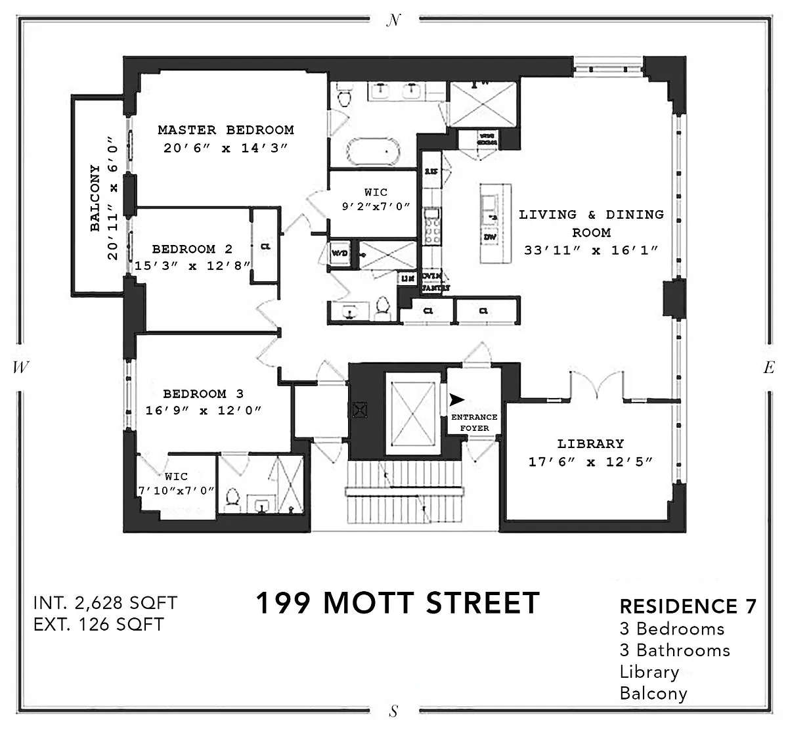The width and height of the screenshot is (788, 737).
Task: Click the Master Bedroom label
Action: [225, 130]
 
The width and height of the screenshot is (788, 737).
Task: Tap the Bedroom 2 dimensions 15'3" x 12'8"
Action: [192, 266]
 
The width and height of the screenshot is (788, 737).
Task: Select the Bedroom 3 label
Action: [203, 394]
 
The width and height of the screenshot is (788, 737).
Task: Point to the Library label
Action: [590, 444]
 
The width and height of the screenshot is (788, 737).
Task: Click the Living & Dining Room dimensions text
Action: [590, 250]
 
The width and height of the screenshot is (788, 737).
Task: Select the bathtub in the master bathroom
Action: [373, 152]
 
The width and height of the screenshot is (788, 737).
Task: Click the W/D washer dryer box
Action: [340, 254]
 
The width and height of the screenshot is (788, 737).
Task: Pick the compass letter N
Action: [393, 21]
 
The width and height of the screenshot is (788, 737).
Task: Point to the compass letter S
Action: [393, 711]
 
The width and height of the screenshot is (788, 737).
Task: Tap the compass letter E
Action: [768, 368]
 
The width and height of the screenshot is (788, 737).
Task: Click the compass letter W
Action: [20, 368]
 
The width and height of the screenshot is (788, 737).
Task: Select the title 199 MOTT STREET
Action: [397, 603]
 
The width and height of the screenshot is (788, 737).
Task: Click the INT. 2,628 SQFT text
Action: [105, 602]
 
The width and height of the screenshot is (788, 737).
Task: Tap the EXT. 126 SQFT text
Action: [98, 623]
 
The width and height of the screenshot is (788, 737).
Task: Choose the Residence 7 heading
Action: [688, 606]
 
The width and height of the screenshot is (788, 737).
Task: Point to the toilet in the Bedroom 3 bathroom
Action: [231, 500]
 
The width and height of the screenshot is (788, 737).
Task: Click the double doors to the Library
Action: [596, 386]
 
